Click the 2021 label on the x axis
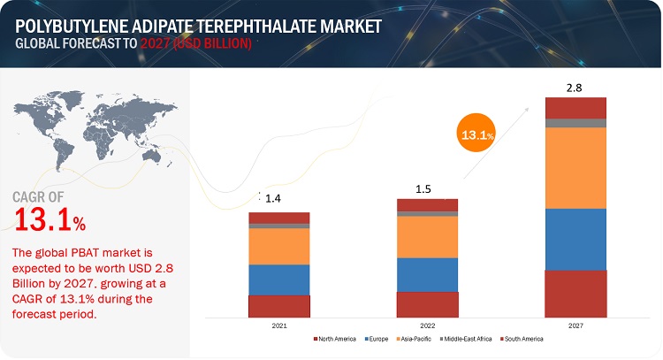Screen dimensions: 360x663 (x=279, y=326)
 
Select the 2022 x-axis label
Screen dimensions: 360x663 (x=428, y=326)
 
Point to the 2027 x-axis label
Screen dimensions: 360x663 (x=575, y=326)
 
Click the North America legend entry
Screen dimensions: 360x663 (x=335, y=339)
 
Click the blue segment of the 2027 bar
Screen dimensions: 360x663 (x=575, y=239)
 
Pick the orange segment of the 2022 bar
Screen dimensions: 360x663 (x=428, y=237)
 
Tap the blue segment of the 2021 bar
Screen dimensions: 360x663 (x=279, y=280)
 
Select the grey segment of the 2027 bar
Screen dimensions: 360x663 (x=575, y=123)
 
